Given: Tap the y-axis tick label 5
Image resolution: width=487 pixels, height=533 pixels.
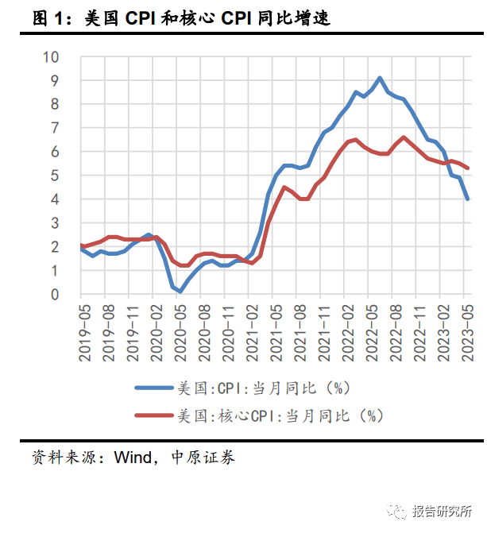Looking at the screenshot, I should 55,176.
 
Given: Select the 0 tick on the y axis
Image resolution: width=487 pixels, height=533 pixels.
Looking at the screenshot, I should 55,295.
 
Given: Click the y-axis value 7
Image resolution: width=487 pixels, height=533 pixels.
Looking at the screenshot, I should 55,128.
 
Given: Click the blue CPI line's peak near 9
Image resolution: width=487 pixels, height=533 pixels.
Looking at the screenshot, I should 380,78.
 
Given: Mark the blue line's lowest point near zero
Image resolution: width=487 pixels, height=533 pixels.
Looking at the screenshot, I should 180,292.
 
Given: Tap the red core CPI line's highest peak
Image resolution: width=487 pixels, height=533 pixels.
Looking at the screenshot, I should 404,137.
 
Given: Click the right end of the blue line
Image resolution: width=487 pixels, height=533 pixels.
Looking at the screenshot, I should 467,199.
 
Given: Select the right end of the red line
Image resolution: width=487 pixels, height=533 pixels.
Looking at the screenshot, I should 467,168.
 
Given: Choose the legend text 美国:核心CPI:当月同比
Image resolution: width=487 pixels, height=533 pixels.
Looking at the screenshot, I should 279,415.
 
